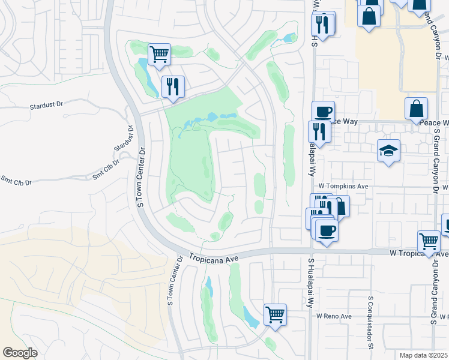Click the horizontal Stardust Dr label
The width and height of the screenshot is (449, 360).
click(x=46, y=105)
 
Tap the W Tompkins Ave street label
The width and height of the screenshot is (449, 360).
click(x=342, y=186)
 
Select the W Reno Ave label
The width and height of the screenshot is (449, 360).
click(x=334, y=316)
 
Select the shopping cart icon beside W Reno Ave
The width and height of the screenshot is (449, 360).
click(x=275, y=313)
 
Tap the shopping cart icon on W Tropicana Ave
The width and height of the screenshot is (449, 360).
click(x=429, y=242)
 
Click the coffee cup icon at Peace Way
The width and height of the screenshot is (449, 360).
click(x=323, y=111)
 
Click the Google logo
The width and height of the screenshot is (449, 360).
click(x=20, y=353)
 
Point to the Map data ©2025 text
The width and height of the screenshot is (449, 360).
click(x=423, y=355)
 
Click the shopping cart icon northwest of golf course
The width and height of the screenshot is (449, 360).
click(x=159, y=55)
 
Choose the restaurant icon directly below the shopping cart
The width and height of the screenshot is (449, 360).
click(x=172, y=86)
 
